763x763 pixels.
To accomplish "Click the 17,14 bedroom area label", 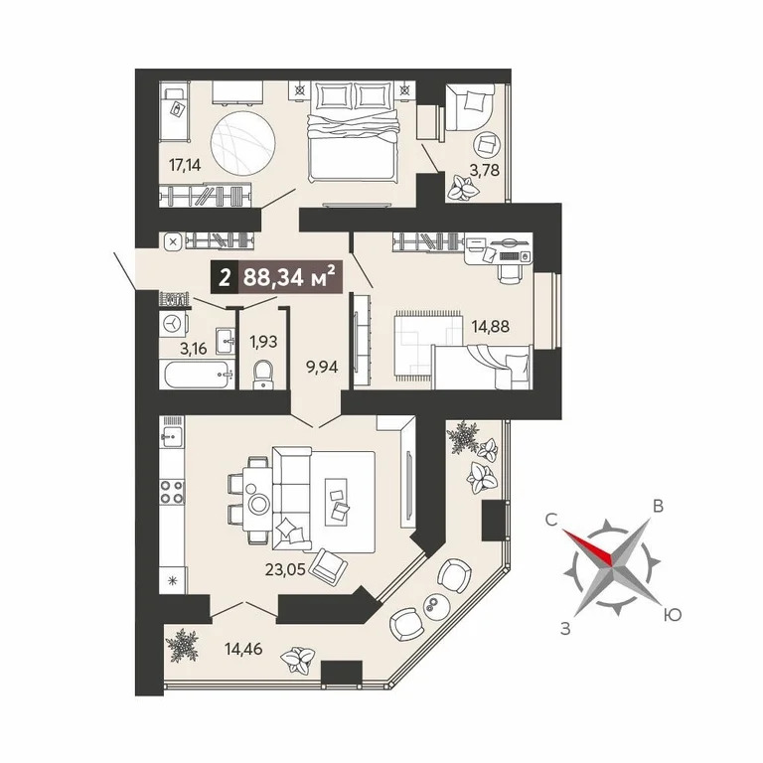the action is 185,166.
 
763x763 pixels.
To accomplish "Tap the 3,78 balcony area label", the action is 484,170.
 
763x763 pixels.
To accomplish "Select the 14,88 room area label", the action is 491,326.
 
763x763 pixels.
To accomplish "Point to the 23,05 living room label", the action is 285,570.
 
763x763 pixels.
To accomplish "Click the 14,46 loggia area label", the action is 243,648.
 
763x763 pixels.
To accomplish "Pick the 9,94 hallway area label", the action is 322,367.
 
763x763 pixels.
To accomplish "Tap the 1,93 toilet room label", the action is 263,342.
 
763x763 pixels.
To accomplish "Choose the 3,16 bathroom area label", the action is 193,349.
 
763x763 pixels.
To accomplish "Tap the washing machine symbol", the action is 173,323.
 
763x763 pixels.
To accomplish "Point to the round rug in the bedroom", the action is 242,144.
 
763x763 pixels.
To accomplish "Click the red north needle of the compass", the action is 588,548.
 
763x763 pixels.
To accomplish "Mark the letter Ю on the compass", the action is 672,616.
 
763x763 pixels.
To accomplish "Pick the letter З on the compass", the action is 565,629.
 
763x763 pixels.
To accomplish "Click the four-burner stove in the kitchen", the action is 172,492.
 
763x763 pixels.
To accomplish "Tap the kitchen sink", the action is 172,437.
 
